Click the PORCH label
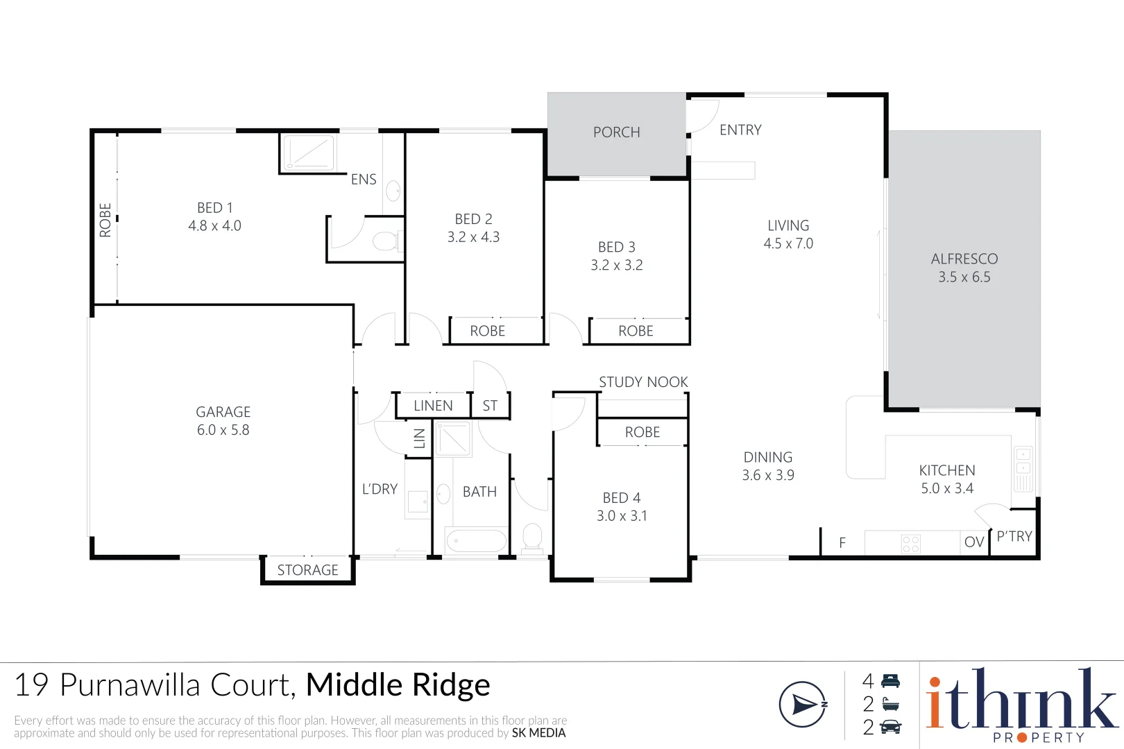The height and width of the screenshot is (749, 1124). point(616,132)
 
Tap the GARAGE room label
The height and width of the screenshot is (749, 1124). point(223,412)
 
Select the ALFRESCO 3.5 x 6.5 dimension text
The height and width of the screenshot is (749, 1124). point(964,277)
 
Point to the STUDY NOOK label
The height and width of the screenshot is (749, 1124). point(643,382)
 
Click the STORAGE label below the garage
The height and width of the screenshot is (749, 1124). point(307,570)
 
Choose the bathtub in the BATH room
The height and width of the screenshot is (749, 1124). point(476,541)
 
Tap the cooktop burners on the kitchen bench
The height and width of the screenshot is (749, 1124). point(910,543)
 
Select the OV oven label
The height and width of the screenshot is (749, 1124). point(974,542)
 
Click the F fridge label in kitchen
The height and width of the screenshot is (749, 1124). point(842,543)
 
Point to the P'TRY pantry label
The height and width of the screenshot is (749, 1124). point(1014,536)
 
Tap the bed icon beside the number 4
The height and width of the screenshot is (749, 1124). point(890,681)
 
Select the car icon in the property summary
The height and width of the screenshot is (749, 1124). point(890,727)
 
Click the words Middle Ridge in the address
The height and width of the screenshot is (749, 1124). point(398,685)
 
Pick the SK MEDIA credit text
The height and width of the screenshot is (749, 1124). point(538,733)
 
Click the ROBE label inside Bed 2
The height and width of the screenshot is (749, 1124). point(487,332)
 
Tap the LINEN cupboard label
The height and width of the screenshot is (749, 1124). point(433,406)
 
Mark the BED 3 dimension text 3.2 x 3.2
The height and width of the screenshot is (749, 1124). point(616,266)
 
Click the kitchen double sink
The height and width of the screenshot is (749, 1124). point(1023,467)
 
